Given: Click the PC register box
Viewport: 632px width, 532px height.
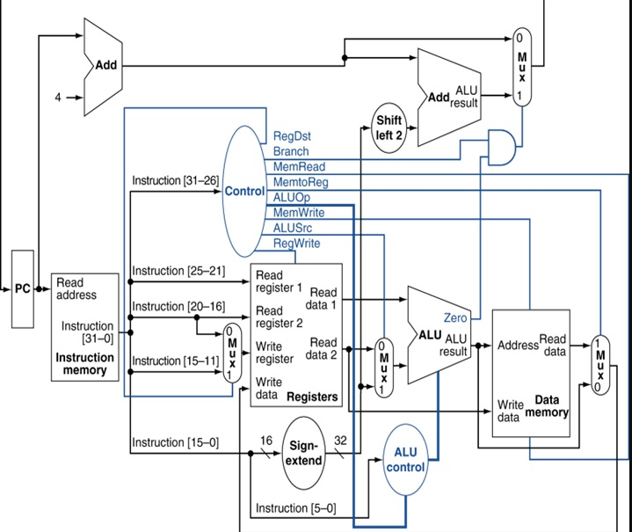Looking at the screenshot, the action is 23,288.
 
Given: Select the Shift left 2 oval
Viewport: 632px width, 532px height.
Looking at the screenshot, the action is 389,128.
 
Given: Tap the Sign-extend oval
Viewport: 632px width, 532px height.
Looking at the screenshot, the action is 303,454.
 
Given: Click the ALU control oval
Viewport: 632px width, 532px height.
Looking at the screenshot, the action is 405,460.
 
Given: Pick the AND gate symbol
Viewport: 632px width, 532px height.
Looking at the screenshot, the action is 501,147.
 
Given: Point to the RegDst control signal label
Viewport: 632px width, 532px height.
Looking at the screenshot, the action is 292,136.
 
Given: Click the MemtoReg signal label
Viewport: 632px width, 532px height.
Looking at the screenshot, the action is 301,182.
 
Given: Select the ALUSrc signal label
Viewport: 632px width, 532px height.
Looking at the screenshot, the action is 292,228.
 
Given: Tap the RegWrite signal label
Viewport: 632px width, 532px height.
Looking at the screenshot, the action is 296,244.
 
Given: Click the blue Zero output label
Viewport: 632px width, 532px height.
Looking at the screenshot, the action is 455,317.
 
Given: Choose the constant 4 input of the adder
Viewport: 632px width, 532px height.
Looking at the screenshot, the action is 58,98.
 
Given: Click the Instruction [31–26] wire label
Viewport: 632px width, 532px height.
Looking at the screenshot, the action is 175,180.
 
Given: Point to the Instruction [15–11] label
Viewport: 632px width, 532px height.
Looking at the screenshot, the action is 175,361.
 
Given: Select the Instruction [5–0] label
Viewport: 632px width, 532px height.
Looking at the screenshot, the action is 296,508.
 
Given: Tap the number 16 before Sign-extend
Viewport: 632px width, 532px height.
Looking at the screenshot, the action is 266,441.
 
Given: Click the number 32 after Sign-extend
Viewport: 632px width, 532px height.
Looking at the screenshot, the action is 340,440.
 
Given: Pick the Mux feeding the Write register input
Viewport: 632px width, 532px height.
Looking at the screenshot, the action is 232,353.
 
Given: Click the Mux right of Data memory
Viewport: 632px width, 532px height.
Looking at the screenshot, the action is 600,365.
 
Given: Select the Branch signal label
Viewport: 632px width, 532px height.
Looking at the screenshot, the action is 291,151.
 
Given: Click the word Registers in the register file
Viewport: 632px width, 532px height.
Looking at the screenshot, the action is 312,397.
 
